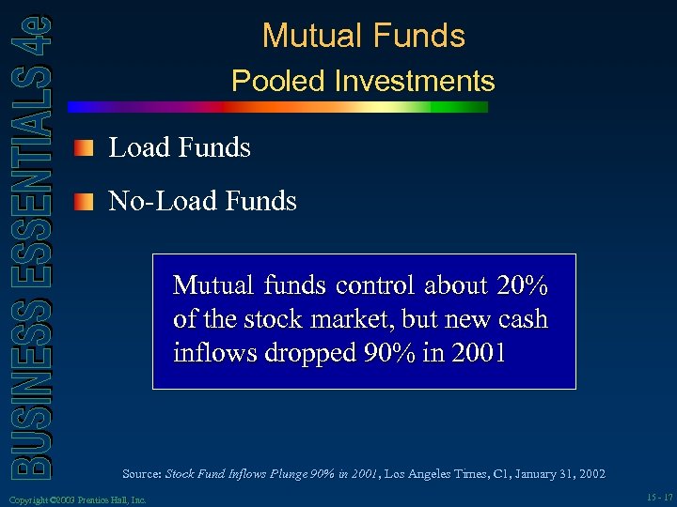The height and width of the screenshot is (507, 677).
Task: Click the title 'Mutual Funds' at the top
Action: click(363, 36)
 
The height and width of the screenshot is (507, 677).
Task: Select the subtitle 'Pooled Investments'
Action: click(363, 81)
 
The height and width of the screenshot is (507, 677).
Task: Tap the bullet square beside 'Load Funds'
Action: click(86, 147)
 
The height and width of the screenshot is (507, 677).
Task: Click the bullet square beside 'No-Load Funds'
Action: click(86, 201)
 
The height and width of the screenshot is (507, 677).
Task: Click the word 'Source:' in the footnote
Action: click(142, 474)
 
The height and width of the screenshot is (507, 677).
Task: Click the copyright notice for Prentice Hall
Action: click(76, 499)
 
